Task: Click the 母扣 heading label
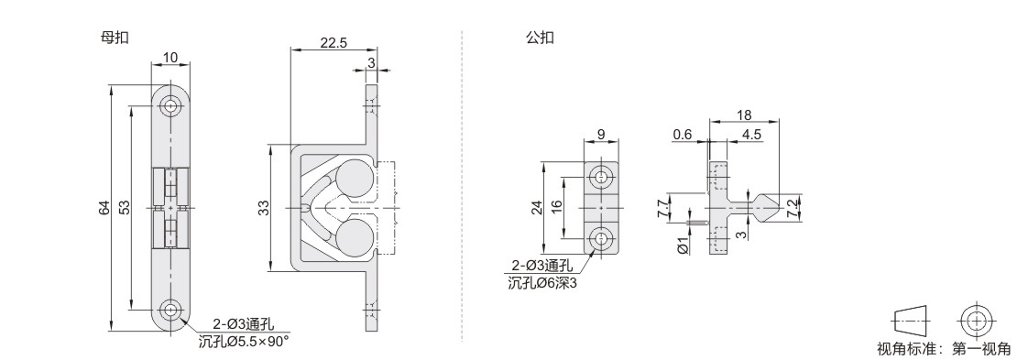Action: coord(115,38)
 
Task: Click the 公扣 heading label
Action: coord(540,38)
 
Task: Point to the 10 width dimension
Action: coord(169,58)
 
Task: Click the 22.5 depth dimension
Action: coord(334,42)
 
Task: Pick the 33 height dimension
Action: coord(263,209)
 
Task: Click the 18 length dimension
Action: coord(744,115)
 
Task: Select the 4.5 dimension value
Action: coord(751,135)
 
